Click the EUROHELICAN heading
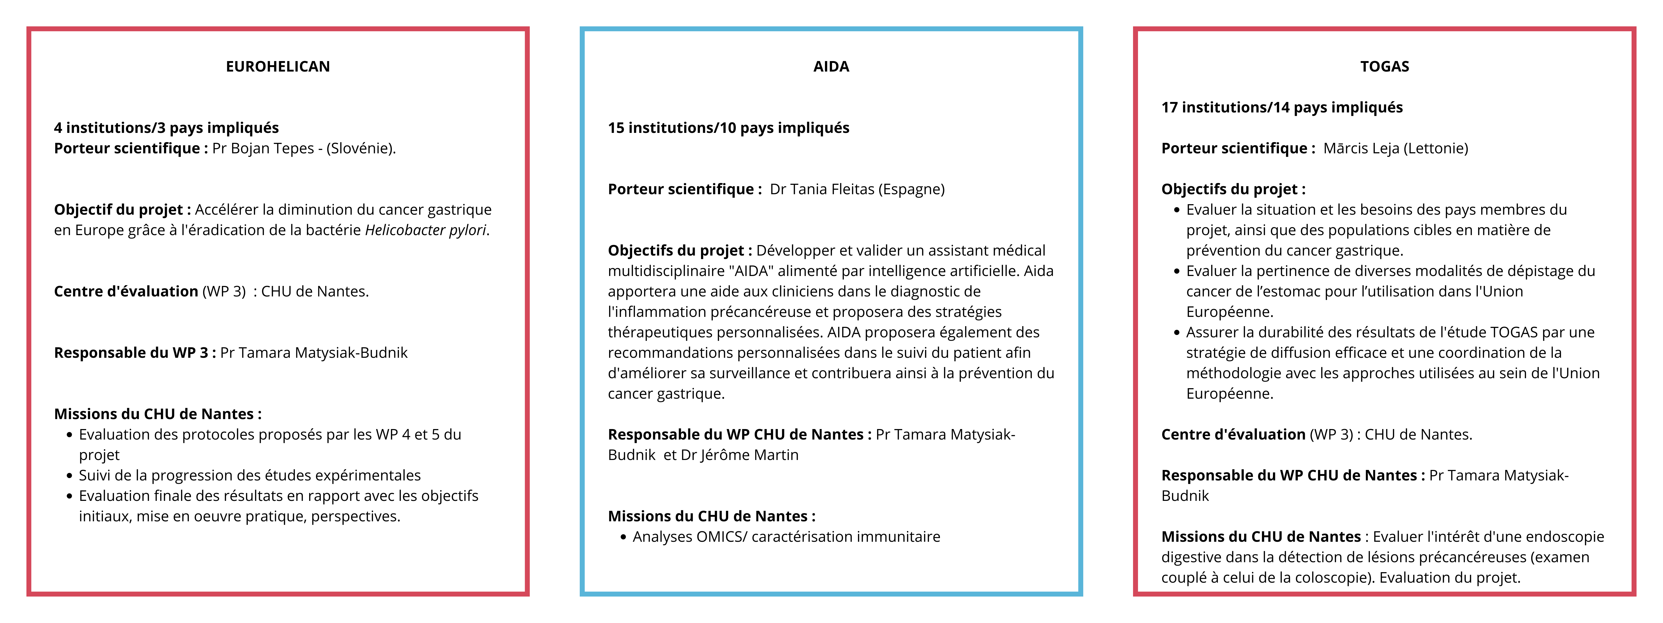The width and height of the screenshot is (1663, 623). pyautogui.click(x=278, y=67)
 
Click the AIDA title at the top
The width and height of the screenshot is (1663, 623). pyautogui.click(x=831, y=67)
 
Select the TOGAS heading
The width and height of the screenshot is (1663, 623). pyautogui.click(x=1384, y=67)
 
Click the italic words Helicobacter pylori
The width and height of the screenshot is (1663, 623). pyautogui.click(x=425, y=230)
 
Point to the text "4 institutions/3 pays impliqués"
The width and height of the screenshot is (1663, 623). pyautogui.click(x=167, y=128)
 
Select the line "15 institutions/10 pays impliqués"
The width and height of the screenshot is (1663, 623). pyautogui.click(x=728, y=128)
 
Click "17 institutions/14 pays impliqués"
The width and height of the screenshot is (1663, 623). pyautogui.click(x=1282, y=107)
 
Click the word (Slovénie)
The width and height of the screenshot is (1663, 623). pyautogui.click(x=360, y=149)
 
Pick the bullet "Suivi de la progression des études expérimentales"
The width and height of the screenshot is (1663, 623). pyautogui.click(x=249, y=476)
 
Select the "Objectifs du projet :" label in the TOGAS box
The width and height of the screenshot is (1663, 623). pyautogui.click(x=1233, y=189)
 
